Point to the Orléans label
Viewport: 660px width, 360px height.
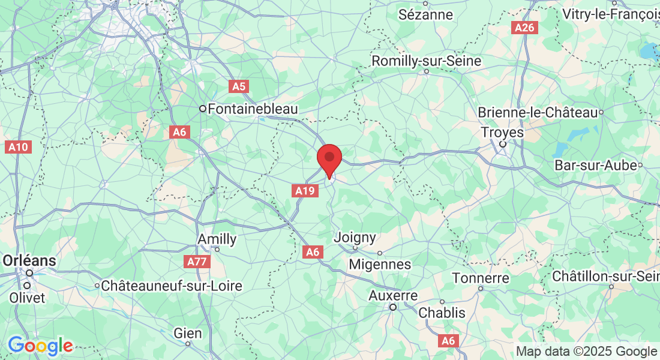30,261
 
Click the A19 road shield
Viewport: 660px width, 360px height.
304,191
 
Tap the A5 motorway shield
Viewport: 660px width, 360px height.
239,86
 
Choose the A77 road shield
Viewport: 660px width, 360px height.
197,262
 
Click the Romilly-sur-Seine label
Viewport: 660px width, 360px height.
426,61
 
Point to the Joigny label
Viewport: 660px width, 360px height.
355,238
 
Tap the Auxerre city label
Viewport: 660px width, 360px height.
393,296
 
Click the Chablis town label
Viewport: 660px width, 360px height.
442,313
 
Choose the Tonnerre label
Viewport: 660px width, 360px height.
481,278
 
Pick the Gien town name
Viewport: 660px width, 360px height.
188,333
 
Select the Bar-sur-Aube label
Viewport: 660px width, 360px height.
595,165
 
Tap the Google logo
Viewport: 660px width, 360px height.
40,346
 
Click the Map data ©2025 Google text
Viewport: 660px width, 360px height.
586,352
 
